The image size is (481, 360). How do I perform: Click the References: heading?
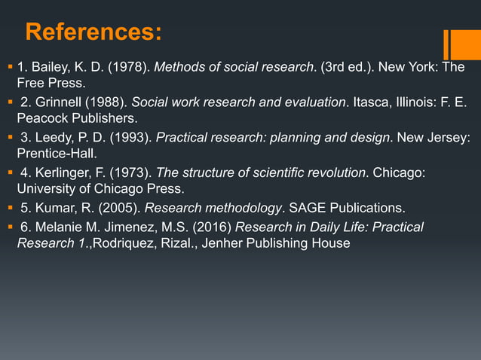(93, 32)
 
